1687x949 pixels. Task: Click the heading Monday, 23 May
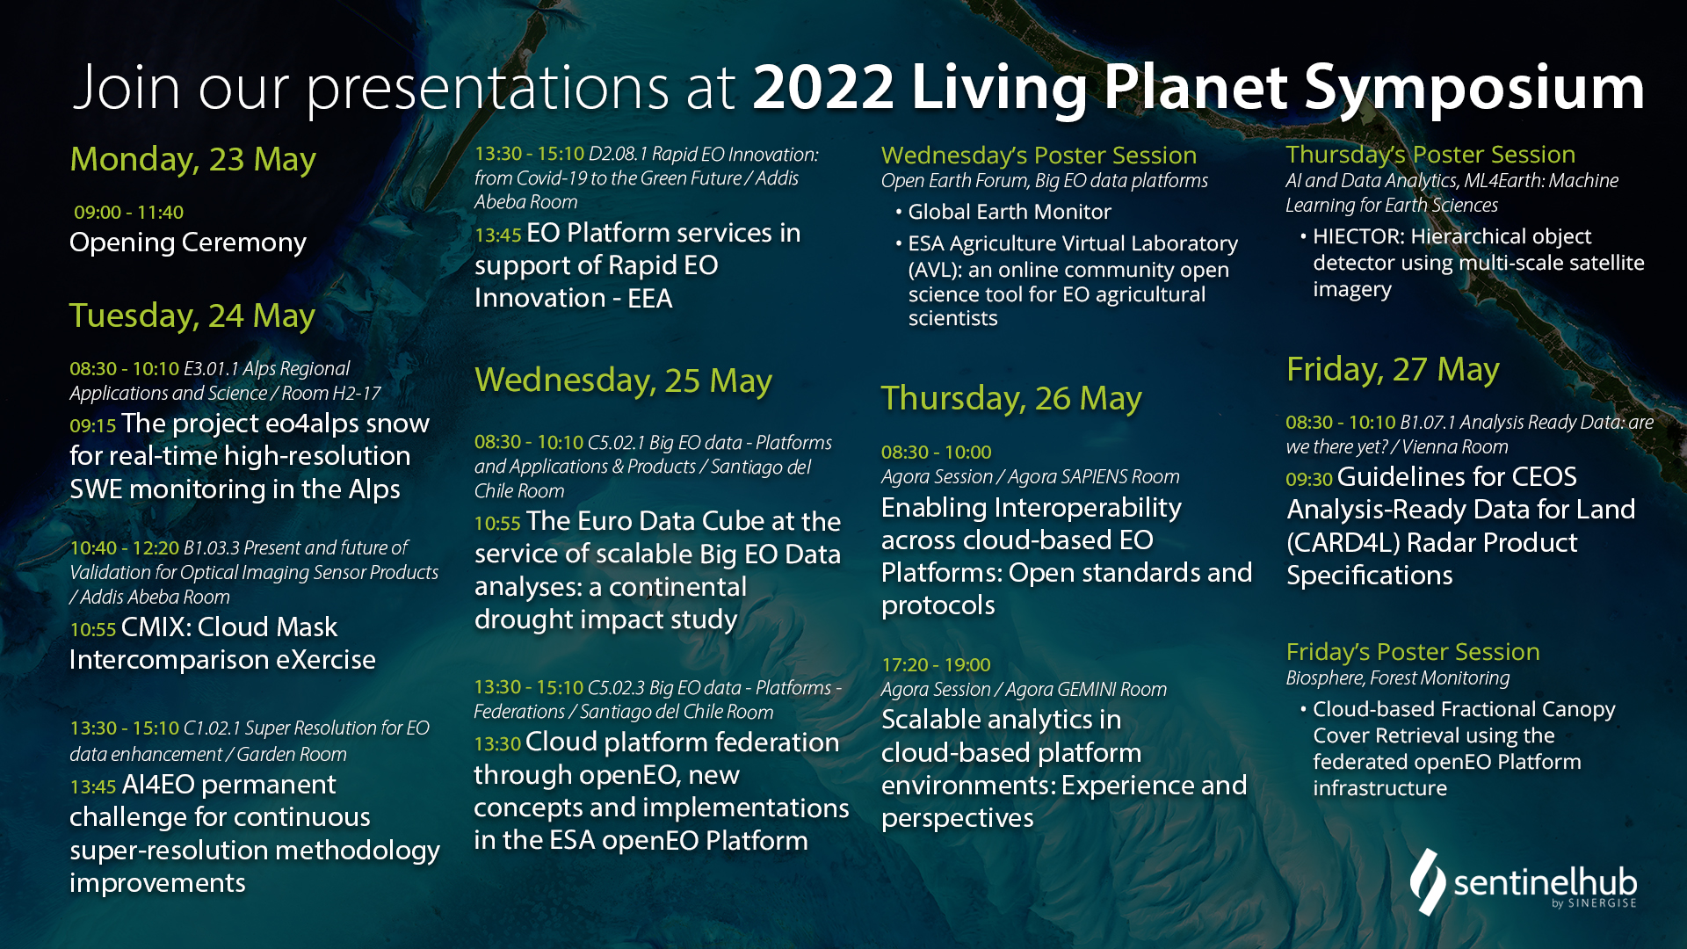(x=192, y=159)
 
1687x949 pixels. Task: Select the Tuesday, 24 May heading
(x=192, y=315)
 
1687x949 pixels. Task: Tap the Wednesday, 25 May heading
(x=623, y=380)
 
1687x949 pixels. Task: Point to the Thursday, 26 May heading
(x=1011, y=398)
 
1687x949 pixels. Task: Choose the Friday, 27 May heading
(x=1393, y=369)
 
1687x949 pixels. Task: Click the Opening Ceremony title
(x=188, y=243)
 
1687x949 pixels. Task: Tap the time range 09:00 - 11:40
(x=128, y=213)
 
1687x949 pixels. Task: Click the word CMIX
(x=156, y=627)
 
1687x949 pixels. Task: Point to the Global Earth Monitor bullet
(x=1010, y=212)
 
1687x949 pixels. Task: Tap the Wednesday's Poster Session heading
(x=1039, y=156)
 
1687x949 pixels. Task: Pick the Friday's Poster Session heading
(x=1413, y=652)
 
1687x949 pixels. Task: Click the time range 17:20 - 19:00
(x=936, y=665)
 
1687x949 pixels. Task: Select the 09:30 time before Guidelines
(x=1309, y=480)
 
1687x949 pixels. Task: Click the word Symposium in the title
(x=1474, y=89)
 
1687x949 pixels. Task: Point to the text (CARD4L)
(x=1343, y=543)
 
